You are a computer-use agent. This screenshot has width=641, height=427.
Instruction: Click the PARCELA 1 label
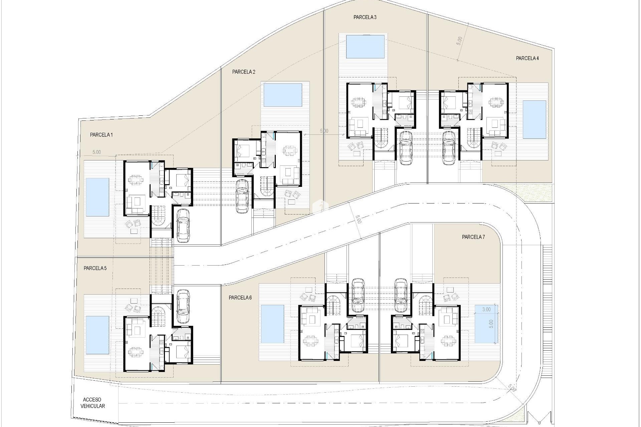coord(101,135)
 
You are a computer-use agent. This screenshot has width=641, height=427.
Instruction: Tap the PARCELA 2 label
coord(244,72)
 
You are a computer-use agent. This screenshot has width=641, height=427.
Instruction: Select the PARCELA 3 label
coord(365,17)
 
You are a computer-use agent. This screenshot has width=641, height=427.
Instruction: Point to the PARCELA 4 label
coord(527,58)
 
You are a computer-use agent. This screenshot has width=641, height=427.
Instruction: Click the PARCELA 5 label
coord(95,268)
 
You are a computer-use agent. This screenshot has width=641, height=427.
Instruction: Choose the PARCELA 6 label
coord(240,298)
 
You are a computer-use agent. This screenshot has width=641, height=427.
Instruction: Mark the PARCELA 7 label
coord(473,237)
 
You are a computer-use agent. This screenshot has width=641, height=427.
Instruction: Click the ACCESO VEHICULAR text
coord(92,403)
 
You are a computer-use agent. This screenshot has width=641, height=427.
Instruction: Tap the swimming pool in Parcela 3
coord(365,47)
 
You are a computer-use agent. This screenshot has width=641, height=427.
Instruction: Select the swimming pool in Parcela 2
coord(283,95)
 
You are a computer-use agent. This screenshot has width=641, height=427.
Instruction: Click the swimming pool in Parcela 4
coord(534,119)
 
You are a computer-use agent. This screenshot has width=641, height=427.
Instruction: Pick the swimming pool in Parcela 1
coord(97,197)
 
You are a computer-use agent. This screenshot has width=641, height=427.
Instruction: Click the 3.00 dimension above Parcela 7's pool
coord(486,309)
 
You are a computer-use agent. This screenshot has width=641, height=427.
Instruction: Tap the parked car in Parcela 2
coord(242,196)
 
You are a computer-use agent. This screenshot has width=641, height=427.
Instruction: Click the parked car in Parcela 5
coord(183,306)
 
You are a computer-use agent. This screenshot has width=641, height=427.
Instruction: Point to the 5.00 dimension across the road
coord(358,220)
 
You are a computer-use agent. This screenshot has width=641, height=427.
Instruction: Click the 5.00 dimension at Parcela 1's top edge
coord(96,152)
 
